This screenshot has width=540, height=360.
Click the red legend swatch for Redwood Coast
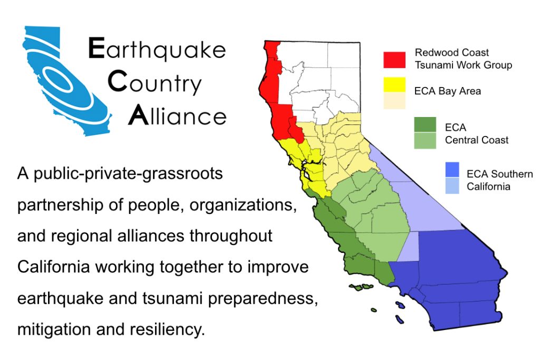394,60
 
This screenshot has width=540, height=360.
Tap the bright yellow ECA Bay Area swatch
394,85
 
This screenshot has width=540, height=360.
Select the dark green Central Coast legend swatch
425,125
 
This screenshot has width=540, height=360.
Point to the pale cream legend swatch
394,101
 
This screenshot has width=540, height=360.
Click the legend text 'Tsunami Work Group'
463,65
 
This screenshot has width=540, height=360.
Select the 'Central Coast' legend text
476,140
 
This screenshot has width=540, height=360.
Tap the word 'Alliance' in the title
178,115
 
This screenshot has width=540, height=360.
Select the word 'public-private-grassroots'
128,173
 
